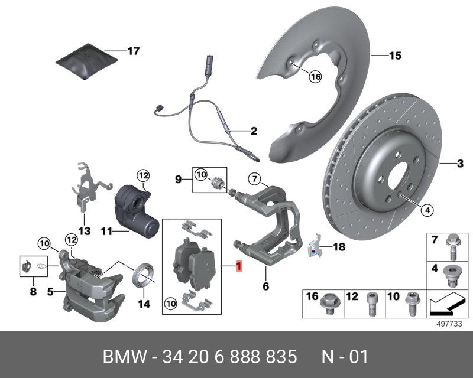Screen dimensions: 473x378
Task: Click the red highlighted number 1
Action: click(238, 267)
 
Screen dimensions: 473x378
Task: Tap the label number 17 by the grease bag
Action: click(133, 51)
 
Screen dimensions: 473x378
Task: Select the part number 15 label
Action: click(395, 56)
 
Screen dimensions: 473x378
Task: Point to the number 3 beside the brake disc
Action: click(460, 164)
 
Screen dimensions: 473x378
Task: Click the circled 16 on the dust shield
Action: click(314, 76)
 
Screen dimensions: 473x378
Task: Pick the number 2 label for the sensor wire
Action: click(254, 131)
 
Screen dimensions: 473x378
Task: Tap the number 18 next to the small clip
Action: click(338, 247)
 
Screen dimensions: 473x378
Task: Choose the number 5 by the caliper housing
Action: click(51, 291)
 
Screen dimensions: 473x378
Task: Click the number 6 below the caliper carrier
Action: click(265, 286)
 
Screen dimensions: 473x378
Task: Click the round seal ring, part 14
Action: click(142, 276)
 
